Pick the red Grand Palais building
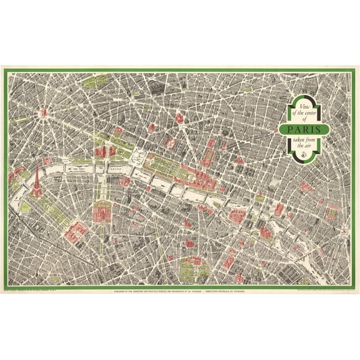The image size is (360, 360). (101, 151)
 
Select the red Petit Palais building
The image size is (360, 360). (112, 151)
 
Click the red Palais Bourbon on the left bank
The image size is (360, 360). (125, 182)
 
